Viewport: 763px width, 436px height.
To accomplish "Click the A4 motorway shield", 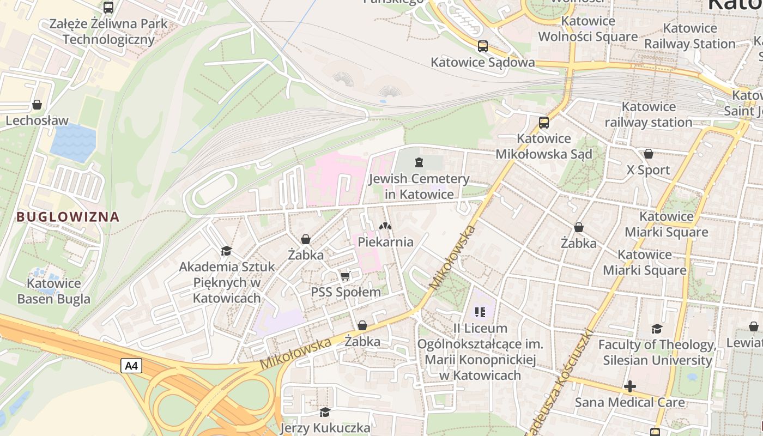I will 131,366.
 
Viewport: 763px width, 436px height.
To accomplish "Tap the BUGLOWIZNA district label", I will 68,216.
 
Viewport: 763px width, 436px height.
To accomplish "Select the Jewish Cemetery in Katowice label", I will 419,186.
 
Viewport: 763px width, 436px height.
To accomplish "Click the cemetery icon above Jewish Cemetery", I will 419,162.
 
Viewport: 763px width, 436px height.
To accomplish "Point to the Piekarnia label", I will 386,242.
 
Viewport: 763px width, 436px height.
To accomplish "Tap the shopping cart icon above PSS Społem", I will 345,276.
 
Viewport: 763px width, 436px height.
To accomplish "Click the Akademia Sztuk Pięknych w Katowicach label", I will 227,282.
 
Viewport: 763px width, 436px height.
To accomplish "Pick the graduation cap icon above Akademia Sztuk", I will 226,251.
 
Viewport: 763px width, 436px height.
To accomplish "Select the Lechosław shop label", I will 37,120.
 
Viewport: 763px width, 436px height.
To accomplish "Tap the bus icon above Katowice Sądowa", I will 482,46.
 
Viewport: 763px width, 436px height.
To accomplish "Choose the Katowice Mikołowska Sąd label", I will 543,146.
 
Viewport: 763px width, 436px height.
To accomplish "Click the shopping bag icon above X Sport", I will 648,154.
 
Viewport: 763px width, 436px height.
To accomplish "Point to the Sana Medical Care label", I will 630,403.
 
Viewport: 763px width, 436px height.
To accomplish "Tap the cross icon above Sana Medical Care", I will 630,387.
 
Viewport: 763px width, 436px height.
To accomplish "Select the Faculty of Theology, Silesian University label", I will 657,352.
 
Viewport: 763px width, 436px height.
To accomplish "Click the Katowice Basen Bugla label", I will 54,291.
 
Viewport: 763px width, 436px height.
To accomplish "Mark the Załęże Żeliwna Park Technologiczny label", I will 108,32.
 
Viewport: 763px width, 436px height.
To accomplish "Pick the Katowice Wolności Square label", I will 588,29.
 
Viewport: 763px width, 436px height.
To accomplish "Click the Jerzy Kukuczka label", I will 325,428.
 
